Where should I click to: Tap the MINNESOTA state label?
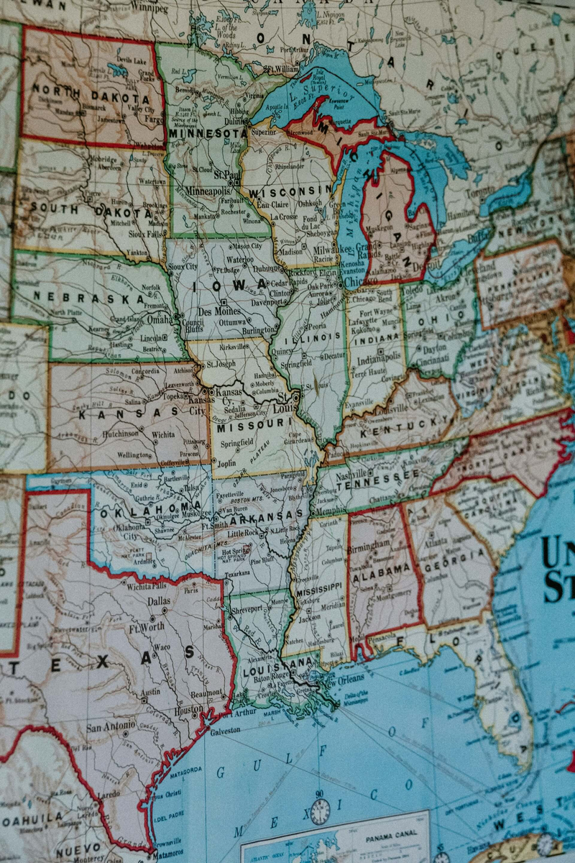point(208,133)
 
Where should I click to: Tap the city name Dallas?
point(160,601)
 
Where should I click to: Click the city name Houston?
point(188,708)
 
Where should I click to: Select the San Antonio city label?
point(112,727)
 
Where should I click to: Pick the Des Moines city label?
point(214,312)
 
